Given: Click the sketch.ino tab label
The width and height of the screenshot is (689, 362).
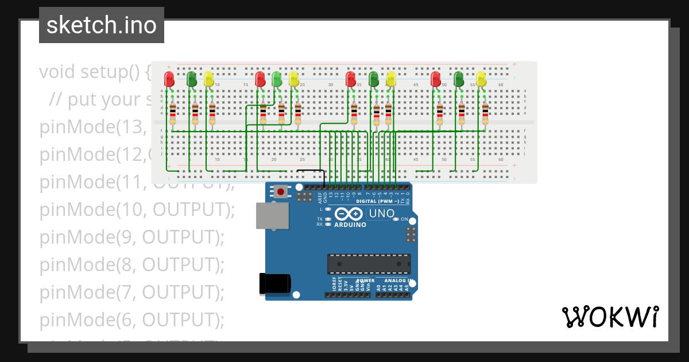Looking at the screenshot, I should tap(102, 25).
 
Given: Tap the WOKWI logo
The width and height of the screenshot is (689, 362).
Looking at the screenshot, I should tap(610, 317).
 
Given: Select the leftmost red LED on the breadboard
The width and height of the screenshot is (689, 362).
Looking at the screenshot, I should tap(169, 79).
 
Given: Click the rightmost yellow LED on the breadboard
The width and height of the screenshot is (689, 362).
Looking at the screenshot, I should tap(481, 79).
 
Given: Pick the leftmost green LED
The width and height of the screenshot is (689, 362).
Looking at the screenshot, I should tap(191, 79).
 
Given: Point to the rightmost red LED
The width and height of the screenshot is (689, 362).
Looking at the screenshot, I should tap(436, 79).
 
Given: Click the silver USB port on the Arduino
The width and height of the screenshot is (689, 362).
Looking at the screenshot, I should tap(272, 215).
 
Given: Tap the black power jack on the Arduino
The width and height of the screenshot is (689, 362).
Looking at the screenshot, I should tap(274, 284).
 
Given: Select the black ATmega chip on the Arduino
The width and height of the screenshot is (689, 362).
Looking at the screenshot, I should tap(369, 264).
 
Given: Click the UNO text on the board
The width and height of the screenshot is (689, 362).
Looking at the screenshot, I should tap(381, 214).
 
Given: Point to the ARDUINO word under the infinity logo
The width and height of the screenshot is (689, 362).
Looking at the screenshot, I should tap(349, 225).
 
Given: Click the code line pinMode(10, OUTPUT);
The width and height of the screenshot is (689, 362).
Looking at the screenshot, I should tap(137, 210).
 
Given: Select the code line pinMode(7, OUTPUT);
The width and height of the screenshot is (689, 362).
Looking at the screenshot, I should tap(131, 292).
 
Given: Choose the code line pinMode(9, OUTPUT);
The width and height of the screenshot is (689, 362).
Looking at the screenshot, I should tap(131, 237).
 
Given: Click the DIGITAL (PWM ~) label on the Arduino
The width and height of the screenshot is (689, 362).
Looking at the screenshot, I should tap(379, 202).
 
